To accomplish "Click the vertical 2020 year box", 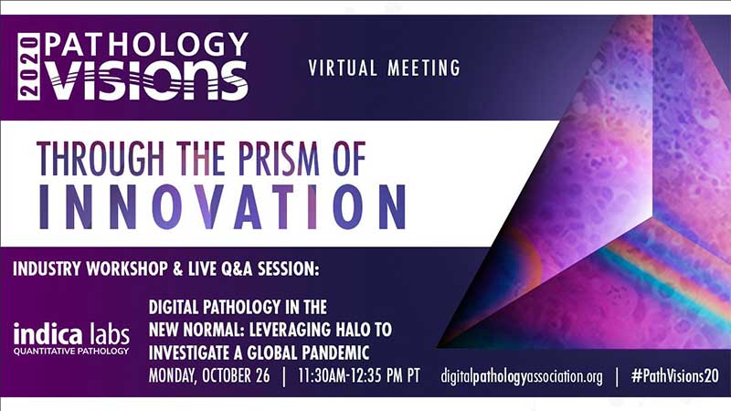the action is pos(29,66).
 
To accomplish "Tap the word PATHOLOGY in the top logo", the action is pos(146,45).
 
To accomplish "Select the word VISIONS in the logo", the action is pos(146,80).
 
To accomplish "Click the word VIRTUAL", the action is pos(343,68).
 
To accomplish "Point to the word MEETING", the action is pos(424,68).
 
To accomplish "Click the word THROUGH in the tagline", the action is pos(101,158).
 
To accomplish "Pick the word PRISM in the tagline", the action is pos(279,158).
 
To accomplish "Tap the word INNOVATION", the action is pos(222,207).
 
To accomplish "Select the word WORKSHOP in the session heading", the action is pos(127,269).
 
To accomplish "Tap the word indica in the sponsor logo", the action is pos(48,333).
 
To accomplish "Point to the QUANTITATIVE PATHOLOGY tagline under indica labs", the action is pos(71,351).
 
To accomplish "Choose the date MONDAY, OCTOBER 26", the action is pos(209,375).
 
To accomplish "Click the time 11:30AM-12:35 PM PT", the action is pos(359,375).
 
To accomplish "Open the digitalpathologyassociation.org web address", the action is pos(522,376).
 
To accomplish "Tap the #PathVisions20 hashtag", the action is pos(675,376).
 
